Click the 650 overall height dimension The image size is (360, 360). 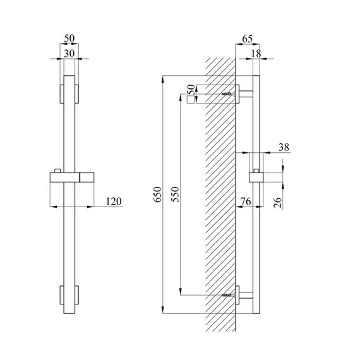(157, 195)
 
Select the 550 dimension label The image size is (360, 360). (176, 195)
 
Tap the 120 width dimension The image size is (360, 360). (114, 201)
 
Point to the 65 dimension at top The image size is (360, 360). (248, 39)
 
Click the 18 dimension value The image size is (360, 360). (256, 54)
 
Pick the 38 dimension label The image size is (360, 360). (284, 147)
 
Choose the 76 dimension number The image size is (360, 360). (246, 201)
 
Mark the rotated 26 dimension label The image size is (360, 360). (277, 202)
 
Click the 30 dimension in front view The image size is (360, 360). (69, 54)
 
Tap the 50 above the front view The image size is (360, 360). (69, 39)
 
